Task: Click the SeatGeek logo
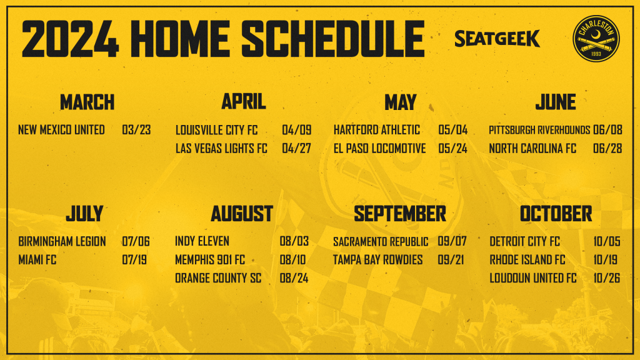pyautogui.click(x=497, y=39)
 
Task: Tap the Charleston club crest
pyautogui.click(x=596, y=39)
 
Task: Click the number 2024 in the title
pyautogui.click(x=70, y=39)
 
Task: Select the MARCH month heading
pyautogui.click(x=87, y=102)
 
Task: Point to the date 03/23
pyautogui.click(x=136, y=130)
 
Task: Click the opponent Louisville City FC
pyautogui.click(x=216, y=130)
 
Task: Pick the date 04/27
pyautogui.click(x=296, y=149)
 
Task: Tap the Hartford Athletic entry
pyautogui.click(x=377, y=130)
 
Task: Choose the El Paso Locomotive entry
pyautogui.click(x=379, y=149)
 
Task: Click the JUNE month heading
pyautogui.click(x=556, y=102)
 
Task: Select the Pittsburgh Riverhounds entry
pyautogui.click(x=539, y=130)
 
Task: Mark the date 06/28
pyautogui.click(x=607, y=149)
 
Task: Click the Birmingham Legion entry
pyautogui.click(x=62, y=242)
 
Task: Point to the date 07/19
pyautogui.click(x=134, y=260)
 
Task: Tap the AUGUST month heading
pyautogui.click(x=242, y=214)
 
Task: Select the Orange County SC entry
pyautogui.click(x=218, y=278)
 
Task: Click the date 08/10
pyautogui.click(x=292, y=260)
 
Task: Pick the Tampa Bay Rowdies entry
pyautogui.click(x=378, y=260)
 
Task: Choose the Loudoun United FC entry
pyautogui.click(x=533, y=278)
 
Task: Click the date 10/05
pyautogui.click(x=607, y=242)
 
